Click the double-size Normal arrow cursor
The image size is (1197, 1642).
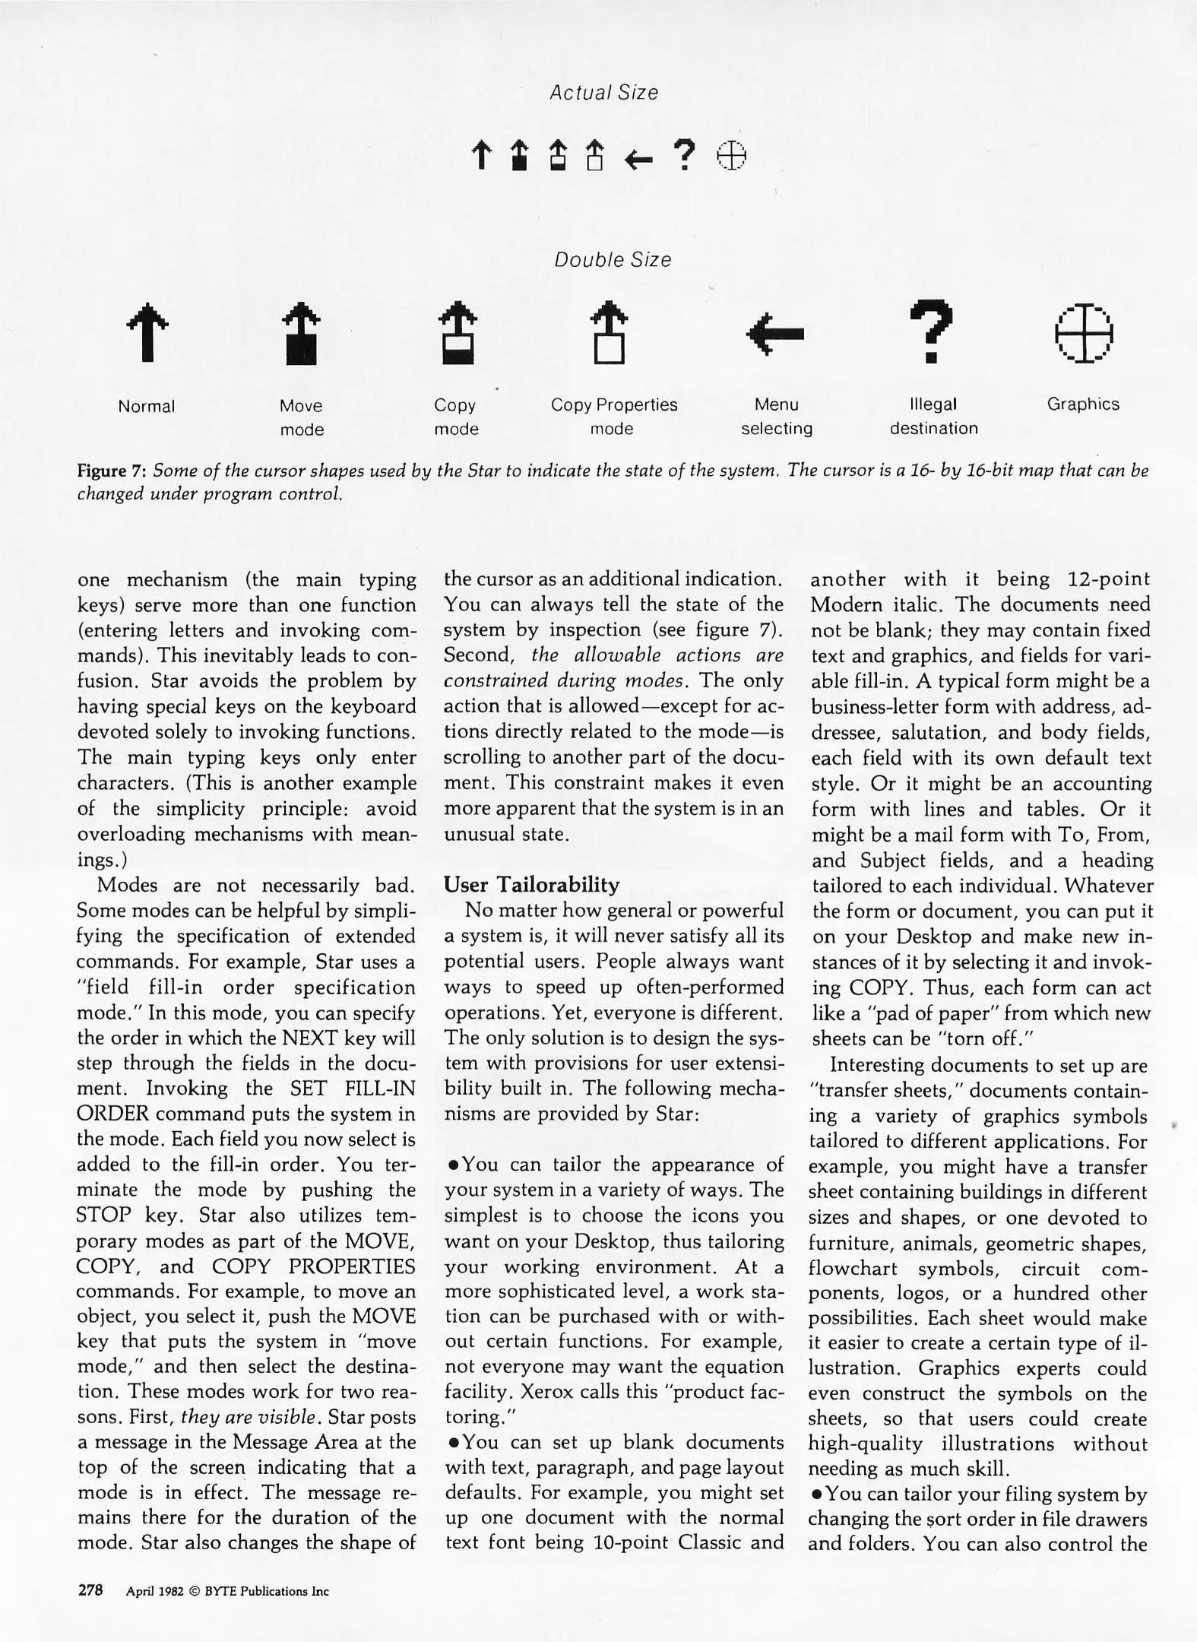[x=147, y=332]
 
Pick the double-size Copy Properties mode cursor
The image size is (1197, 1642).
[x=610, y=334]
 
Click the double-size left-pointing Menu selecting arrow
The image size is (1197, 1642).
[x=775, y=333]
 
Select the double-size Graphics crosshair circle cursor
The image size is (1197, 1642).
[x=1084, y=333]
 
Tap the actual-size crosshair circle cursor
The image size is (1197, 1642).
[x=732, y=156]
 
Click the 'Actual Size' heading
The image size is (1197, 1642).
[x=603, y=93]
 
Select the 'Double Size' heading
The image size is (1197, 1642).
[x=613, y=260]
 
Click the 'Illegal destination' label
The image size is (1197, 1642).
[x=933, y=416]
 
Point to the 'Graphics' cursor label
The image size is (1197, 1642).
[x=1083, y=404]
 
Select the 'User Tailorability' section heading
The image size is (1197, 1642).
[x=531, y=885]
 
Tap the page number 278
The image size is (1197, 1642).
[x=90, y=1590]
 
